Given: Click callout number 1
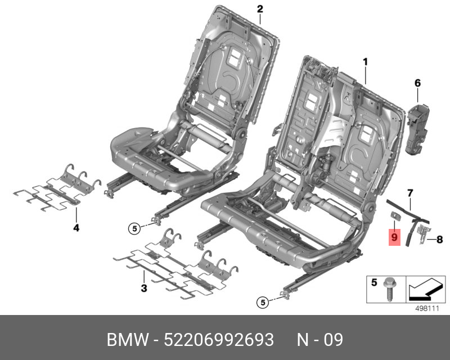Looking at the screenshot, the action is [x=365, y=62].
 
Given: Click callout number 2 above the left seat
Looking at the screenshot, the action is [x=260, y=9].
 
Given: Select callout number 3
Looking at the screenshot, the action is [x=144, y=288].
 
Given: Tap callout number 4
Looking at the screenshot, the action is [x=76, y=228].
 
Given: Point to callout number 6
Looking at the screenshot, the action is [x=417, y=83].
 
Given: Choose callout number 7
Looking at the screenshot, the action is [x=410, y=193].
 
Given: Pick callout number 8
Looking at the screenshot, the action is [x=440, y=239].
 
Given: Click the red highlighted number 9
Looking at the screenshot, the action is [x=394, y=237].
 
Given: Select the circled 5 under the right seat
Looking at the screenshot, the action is [x=263, y=302].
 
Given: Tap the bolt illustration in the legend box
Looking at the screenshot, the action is [x=389, y=289].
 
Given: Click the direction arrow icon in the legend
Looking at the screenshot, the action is [x=425, y=289].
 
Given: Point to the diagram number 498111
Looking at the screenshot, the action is [x=427, y=309].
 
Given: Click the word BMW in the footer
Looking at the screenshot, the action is [x=128, y=340].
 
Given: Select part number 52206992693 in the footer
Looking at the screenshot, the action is [x=219, y=340].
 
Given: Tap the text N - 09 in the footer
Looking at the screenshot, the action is [x=319, y=340].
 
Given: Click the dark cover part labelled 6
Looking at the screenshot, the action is [x=418, y=128].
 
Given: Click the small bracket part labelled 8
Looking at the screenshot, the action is [x=424, y=234].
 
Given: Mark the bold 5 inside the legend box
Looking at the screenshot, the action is [x=374, y=282].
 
